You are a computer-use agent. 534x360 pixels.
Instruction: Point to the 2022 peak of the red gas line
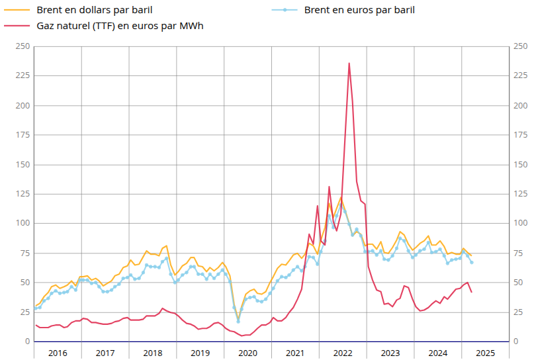349,64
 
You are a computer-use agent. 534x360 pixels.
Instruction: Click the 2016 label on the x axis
58,353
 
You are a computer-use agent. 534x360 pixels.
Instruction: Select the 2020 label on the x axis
247,353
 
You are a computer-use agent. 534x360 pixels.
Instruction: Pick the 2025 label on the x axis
485,353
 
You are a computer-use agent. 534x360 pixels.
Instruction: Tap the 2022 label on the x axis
343,353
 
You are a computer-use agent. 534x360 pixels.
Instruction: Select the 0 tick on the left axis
26,341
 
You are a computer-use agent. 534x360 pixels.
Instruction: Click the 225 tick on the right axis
521,75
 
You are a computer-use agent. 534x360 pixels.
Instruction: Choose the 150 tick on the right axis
521,164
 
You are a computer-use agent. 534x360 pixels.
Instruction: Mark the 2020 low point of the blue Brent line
238,322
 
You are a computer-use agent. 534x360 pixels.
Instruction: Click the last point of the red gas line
471,292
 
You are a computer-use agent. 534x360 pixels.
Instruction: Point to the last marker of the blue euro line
472,263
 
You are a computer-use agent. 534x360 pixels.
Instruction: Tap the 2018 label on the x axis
153,353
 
